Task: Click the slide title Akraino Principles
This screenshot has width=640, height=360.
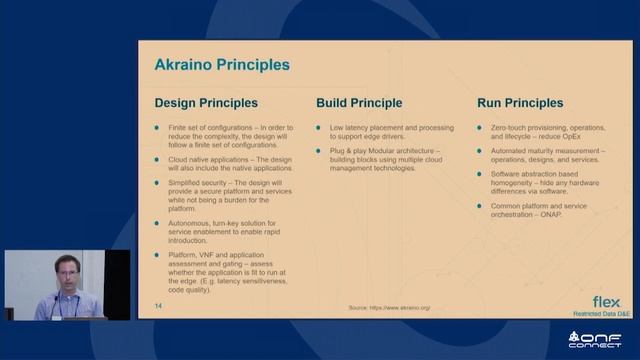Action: coord(221,65)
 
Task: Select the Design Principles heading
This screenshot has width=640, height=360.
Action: coord(205,103)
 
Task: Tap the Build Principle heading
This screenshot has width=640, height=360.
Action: coord(359,103)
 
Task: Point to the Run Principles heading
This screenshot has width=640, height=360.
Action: coord(520,103)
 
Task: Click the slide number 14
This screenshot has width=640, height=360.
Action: coord(158,305)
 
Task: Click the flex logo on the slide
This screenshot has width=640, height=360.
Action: coord(606,301)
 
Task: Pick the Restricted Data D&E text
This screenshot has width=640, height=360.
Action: coord(599,313)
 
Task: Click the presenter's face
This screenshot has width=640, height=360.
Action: coord(61,276)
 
